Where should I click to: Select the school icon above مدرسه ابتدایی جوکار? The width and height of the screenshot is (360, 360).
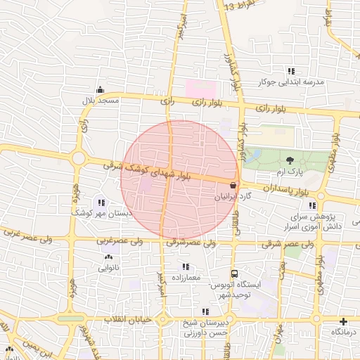pos(290,71)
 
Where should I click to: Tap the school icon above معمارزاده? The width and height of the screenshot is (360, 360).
pos(186,266)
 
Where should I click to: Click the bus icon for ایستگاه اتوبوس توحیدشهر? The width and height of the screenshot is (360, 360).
pos(234,274)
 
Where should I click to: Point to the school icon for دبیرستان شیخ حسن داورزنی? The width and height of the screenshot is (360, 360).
pos(205,311)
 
